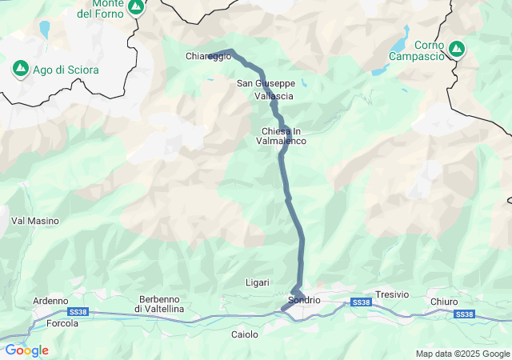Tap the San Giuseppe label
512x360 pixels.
point(266,83)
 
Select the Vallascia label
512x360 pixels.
point(274,96)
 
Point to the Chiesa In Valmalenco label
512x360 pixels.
point(281,136)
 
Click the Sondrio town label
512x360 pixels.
point(303,300)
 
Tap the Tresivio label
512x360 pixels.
point(392,294)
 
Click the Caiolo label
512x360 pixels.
point(245,334)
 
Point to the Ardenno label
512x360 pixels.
point(50,301)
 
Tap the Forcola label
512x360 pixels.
point(62,324)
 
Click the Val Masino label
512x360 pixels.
point(30,220)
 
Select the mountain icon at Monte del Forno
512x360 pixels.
point(136,7)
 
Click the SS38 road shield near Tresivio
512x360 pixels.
point(361,302)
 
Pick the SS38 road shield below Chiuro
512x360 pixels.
point(463,314)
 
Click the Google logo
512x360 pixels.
point(26,350)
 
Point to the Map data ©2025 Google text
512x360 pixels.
point(462,354)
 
